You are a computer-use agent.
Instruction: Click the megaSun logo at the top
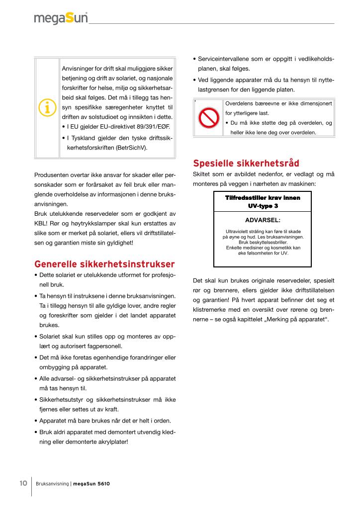click(x=61, y=18)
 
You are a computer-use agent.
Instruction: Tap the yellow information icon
click(x=47, y=108)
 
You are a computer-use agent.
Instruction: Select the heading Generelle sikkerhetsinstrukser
click(x=104, y=263)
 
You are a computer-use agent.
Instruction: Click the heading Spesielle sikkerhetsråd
click(x=246, y=163)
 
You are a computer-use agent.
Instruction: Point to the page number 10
click(x=23, y=483)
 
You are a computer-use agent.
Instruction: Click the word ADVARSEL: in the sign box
click(x=263, y=219)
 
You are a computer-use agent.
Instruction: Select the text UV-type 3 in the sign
click(x=263, y=205)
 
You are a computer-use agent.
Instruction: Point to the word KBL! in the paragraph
click(x=41, y=223)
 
